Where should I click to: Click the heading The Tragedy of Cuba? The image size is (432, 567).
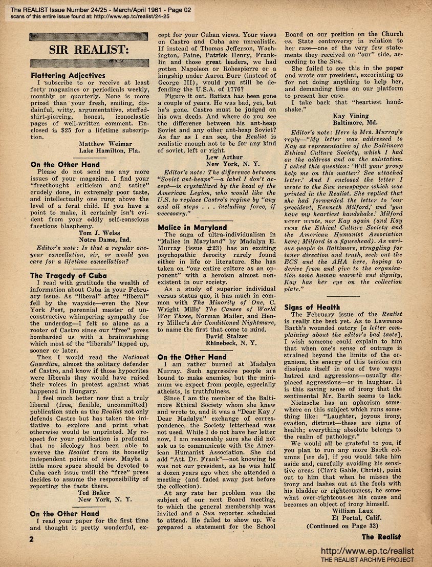coord(69,275)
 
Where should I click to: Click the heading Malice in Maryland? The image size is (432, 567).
coord(192,227)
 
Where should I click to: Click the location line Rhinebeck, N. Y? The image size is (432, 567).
coord(227,344)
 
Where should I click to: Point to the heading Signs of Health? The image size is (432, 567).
coord(312,307)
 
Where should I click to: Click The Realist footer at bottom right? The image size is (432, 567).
coord(381,537)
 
